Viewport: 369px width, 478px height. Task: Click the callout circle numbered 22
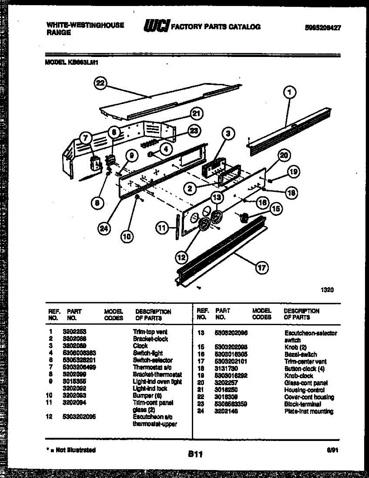(101, 83)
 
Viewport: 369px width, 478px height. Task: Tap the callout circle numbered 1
(290, 93)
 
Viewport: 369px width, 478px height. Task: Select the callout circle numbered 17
(261, 268)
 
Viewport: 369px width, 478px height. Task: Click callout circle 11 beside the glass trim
(162, 228)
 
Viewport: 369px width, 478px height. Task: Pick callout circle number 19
(294, 172)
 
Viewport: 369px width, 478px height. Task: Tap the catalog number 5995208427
(323, 27)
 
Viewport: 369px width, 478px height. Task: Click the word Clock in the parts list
(140, 346)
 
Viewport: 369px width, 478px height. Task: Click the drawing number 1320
(327, 290)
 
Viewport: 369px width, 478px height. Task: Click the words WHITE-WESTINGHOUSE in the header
(85, 25)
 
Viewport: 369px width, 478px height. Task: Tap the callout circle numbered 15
(276, 208)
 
